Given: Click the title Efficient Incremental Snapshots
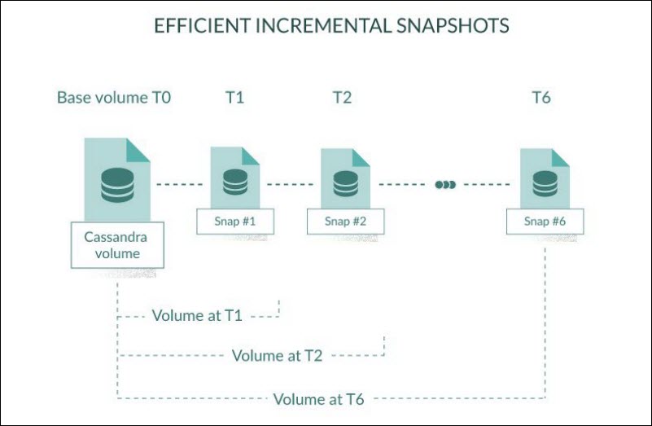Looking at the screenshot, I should (331, 26).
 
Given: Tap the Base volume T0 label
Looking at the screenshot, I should (113, 98).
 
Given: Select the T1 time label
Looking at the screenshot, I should (234, 98).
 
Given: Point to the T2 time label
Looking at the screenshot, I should (342, 98).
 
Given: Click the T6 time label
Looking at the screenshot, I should (541, 98).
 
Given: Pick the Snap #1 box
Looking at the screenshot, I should (235, 221).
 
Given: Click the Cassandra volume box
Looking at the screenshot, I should (117, 244).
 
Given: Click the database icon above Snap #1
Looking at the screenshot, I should (234, 182).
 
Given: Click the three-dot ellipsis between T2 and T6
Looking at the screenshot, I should (445, 185).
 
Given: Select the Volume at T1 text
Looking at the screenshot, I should (197, 315).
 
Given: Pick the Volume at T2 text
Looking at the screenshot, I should (277, 356).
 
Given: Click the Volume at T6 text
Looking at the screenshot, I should (318, 399).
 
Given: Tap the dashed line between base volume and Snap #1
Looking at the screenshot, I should (179, 185).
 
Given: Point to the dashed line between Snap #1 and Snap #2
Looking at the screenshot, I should (290, 185).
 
